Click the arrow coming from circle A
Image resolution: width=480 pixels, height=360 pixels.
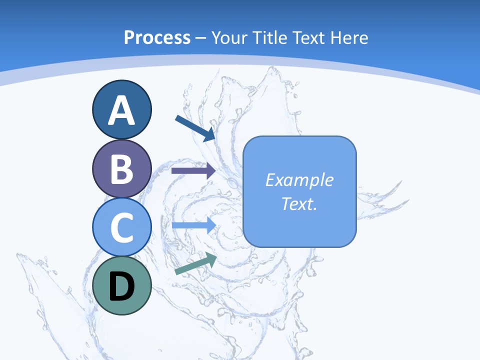point(195,128)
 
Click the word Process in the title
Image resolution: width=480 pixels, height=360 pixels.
point(157,37)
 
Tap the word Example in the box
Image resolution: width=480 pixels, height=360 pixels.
point(299,180)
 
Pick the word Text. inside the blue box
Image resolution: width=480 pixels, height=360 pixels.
point(299,204)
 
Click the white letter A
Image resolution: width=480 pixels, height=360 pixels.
point(121,110)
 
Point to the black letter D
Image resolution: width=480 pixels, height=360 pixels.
point(121,287)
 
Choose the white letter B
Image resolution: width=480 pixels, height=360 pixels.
point(121,169)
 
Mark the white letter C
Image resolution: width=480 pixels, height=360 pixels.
point(121,228)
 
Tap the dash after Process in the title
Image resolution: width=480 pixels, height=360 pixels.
point(201,38)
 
